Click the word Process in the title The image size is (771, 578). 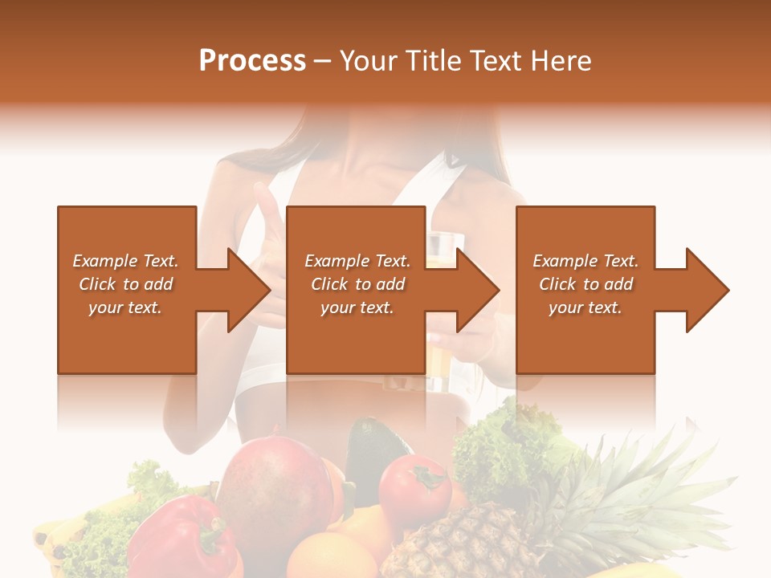[x=252, y=61]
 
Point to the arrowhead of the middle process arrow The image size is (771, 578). [x=479, y=290]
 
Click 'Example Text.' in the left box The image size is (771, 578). [x=125, y=261]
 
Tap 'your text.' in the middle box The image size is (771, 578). [x=357, y=307]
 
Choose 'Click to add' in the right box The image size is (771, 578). [x=585, y=284]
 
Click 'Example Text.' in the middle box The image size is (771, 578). [x=357, y=261]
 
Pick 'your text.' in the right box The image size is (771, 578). [x=585, y=307]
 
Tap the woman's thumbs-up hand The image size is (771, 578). [x=265, y=225]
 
